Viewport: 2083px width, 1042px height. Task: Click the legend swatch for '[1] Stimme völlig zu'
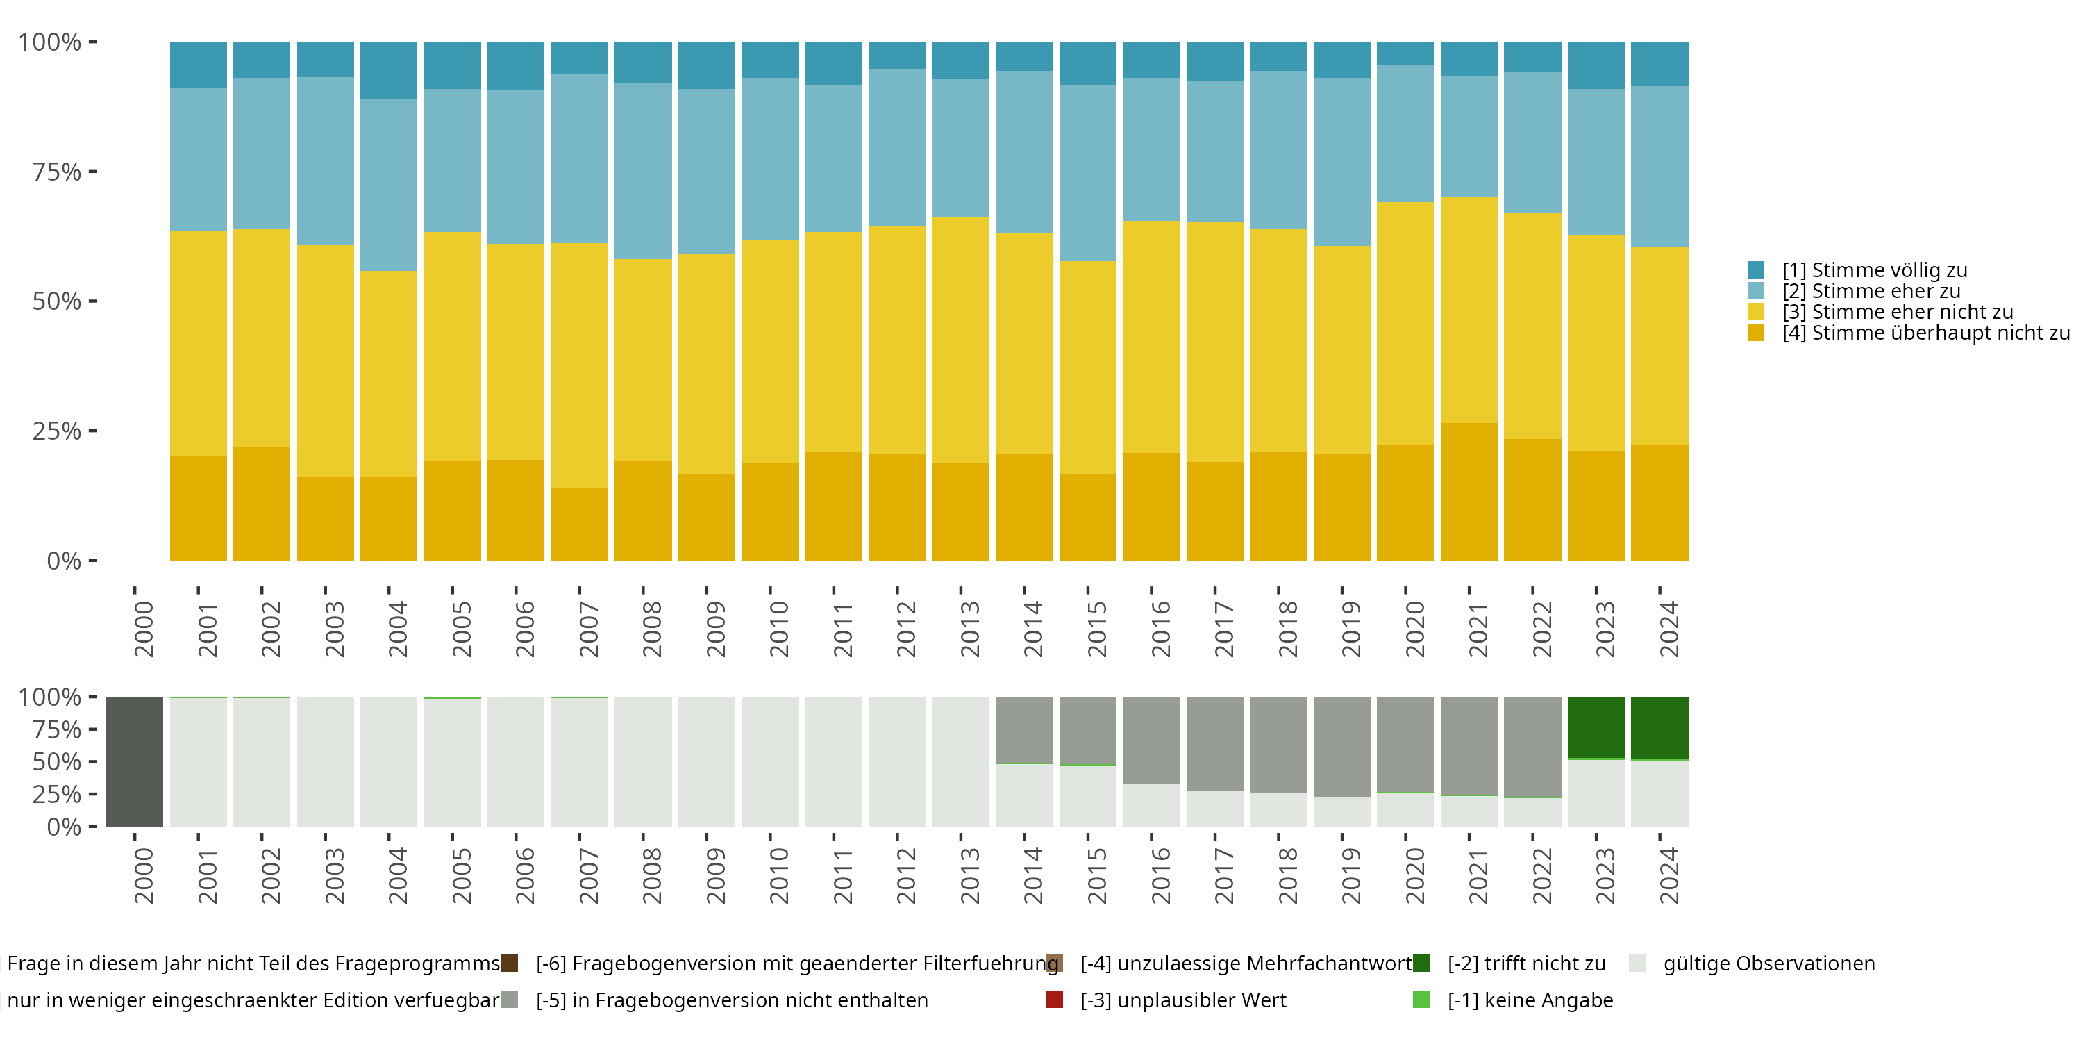(1755, 270)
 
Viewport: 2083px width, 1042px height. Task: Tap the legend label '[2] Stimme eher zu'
(1871, 291)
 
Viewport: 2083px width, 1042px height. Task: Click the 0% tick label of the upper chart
(64, 561)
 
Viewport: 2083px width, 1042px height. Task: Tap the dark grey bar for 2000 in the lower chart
(134, 761)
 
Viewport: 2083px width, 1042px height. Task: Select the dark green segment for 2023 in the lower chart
(1596, 727)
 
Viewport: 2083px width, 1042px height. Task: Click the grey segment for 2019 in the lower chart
(1341, 747)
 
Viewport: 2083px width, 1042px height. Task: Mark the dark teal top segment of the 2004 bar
(389, 70)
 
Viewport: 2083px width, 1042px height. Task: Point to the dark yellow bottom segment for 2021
(1469, 492)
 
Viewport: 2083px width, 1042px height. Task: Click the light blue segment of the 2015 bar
(1087, 172)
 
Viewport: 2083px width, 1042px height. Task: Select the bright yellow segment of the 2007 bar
(580, 365)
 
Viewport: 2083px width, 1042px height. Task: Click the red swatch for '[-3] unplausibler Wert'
(1055, 1000)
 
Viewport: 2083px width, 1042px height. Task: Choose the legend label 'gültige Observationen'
(1768, 964)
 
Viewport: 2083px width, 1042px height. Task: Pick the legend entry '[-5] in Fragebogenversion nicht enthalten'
(732, 1000)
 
